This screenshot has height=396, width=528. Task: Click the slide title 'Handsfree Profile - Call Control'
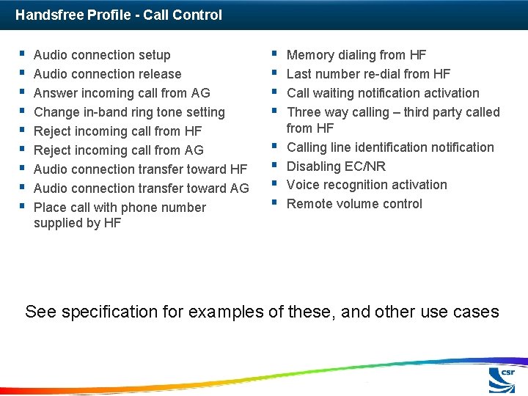point(119,15)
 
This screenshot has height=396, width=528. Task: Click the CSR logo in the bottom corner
point(502,380)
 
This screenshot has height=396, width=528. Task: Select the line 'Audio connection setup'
point(102,55)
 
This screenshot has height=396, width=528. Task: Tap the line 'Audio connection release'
point(107,74)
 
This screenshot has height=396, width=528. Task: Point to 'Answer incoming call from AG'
point(122,93)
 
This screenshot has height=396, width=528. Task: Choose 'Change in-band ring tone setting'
point(129,112)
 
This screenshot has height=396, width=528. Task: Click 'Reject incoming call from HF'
point(117,131)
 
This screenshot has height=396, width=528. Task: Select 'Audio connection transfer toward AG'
point(142,188)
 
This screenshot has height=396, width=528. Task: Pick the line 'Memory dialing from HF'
point(356,55)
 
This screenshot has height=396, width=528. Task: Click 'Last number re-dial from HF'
point(368,74)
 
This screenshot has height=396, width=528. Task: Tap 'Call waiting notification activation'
point(383,93)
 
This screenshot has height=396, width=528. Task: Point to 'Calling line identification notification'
point(390,147)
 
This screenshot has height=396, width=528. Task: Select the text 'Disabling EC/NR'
point(336,166)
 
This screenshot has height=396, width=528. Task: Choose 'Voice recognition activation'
point(367,185)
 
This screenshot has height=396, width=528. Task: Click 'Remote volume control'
point(354,204)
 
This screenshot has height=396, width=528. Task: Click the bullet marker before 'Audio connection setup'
point(23,54)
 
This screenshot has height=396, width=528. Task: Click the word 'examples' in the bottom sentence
point(226,312)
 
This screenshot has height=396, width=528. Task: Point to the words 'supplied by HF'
point(77,223)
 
